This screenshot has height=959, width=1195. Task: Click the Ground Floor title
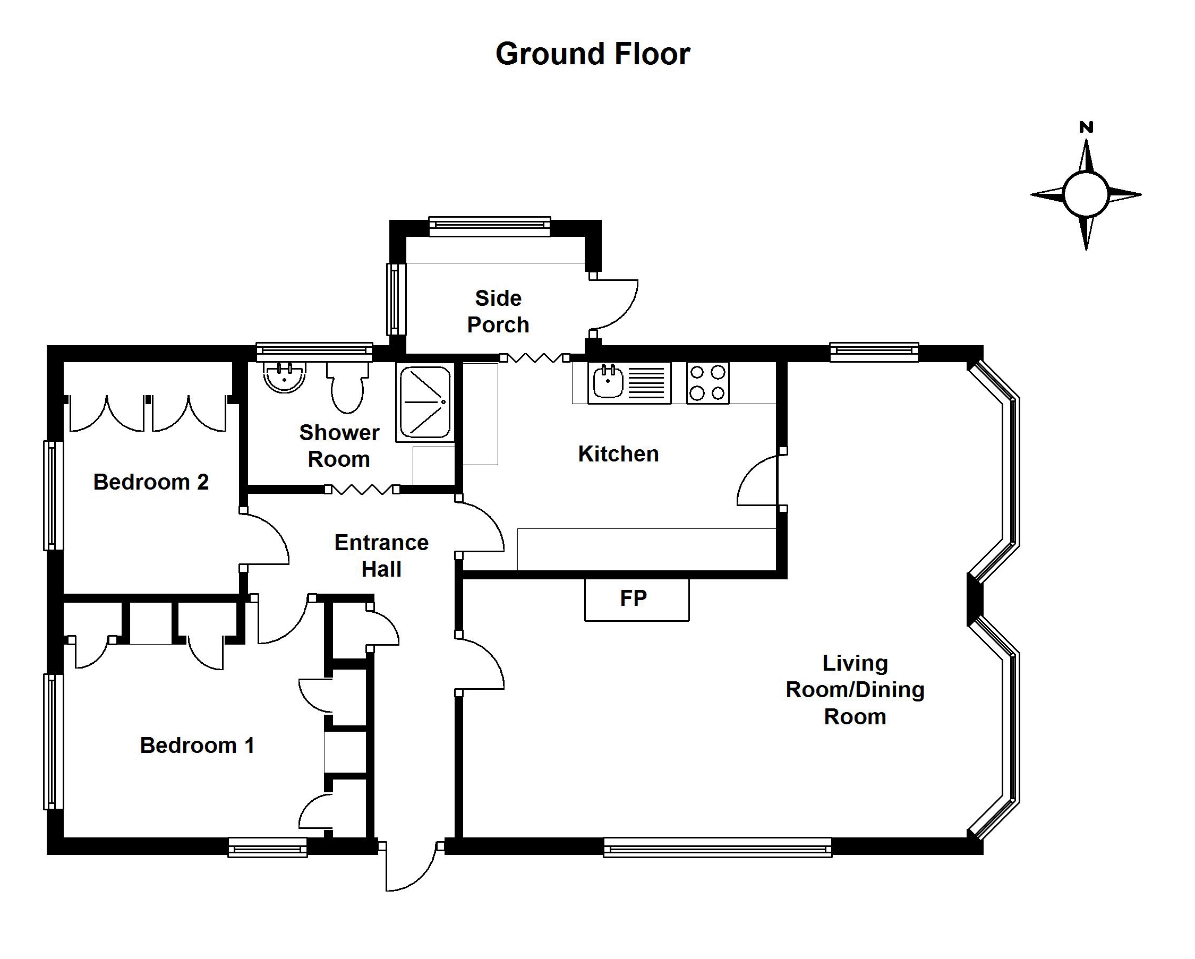(593, 54)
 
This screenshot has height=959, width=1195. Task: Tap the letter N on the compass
(1086, 127)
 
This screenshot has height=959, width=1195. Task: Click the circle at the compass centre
(1086, 194)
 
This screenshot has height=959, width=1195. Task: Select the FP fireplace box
(637, 600)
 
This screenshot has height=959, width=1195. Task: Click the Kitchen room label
(619, 453)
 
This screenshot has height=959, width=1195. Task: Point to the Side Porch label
(498, 311)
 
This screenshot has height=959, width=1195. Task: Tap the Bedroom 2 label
(151, 482)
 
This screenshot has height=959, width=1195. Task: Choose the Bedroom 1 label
(198, 745)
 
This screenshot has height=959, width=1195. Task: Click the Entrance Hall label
(381, 555)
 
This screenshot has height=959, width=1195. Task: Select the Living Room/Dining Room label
(855, 690)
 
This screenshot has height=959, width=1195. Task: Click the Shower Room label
(339, 446)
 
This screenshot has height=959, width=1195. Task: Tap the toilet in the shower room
(347, 387)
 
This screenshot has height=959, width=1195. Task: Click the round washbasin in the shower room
(285, 376)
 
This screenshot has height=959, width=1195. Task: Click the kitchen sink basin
(608, 382)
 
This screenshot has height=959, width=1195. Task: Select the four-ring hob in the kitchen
(708, 383)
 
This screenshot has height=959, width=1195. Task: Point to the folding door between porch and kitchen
(535, 358)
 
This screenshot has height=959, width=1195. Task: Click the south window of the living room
(718, 847)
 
